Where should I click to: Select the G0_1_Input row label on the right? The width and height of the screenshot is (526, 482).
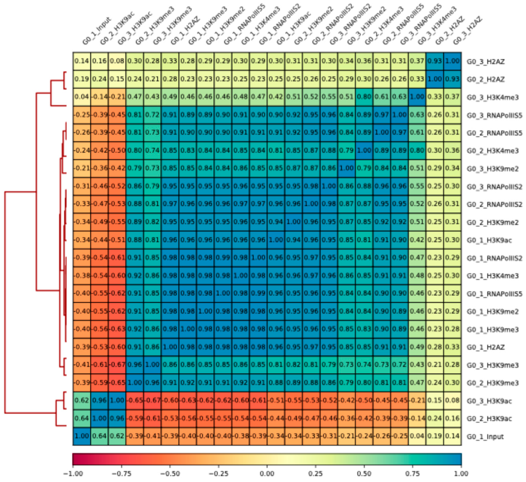click(485, 437)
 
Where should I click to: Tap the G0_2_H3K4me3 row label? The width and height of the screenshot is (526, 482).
click(492, 151)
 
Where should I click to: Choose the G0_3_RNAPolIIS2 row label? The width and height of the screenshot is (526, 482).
click(494, 187)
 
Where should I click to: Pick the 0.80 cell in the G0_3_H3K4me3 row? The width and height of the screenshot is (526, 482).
click(364, 97)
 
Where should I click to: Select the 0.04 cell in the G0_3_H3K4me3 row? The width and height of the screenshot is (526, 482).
click(82, 97)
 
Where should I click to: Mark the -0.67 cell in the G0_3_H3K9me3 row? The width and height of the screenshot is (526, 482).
click(117, 365)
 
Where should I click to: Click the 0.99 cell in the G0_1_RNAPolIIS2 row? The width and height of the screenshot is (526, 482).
click(223, 258)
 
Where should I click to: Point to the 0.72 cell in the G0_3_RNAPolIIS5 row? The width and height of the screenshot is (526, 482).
click(152, 115)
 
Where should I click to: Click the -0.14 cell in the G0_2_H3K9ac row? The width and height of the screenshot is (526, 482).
click(417, 418)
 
